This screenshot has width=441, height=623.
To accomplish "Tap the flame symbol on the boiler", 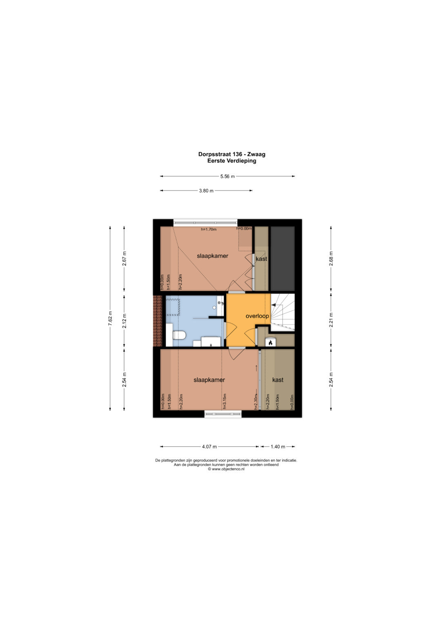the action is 270,343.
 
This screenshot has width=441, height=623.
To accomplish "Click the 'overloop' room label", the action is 257,316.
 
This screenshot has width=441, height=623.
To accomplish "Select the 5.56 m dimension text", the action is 227,176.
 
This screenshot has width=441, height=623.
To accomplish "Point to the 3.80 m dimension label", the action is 206,191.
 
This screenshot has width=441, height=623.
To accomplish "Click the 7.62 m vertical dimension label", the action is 111,317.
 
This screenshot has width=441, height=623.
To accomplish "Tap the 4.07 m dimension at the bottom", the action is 209,447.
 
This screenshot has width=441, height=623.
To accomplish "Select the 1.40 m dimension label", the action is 278,447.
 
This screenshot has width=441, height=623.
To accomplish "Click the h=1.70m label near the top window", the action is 209,229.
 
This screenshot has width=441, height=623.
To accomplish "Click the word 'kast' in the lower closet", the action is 278,380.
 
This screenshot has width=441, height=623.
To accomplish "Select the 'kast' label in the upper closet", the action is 261,259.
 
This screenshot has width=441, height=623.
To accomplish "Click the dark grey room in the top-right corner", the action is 283,259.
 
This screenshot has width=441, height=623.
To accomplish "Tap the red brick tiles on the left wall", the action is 157,321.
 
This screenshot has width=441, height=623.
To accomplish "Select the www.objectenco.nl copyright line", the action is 226,469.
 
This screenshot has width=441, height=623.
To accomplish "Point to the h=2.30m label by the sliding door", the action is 256,402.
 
